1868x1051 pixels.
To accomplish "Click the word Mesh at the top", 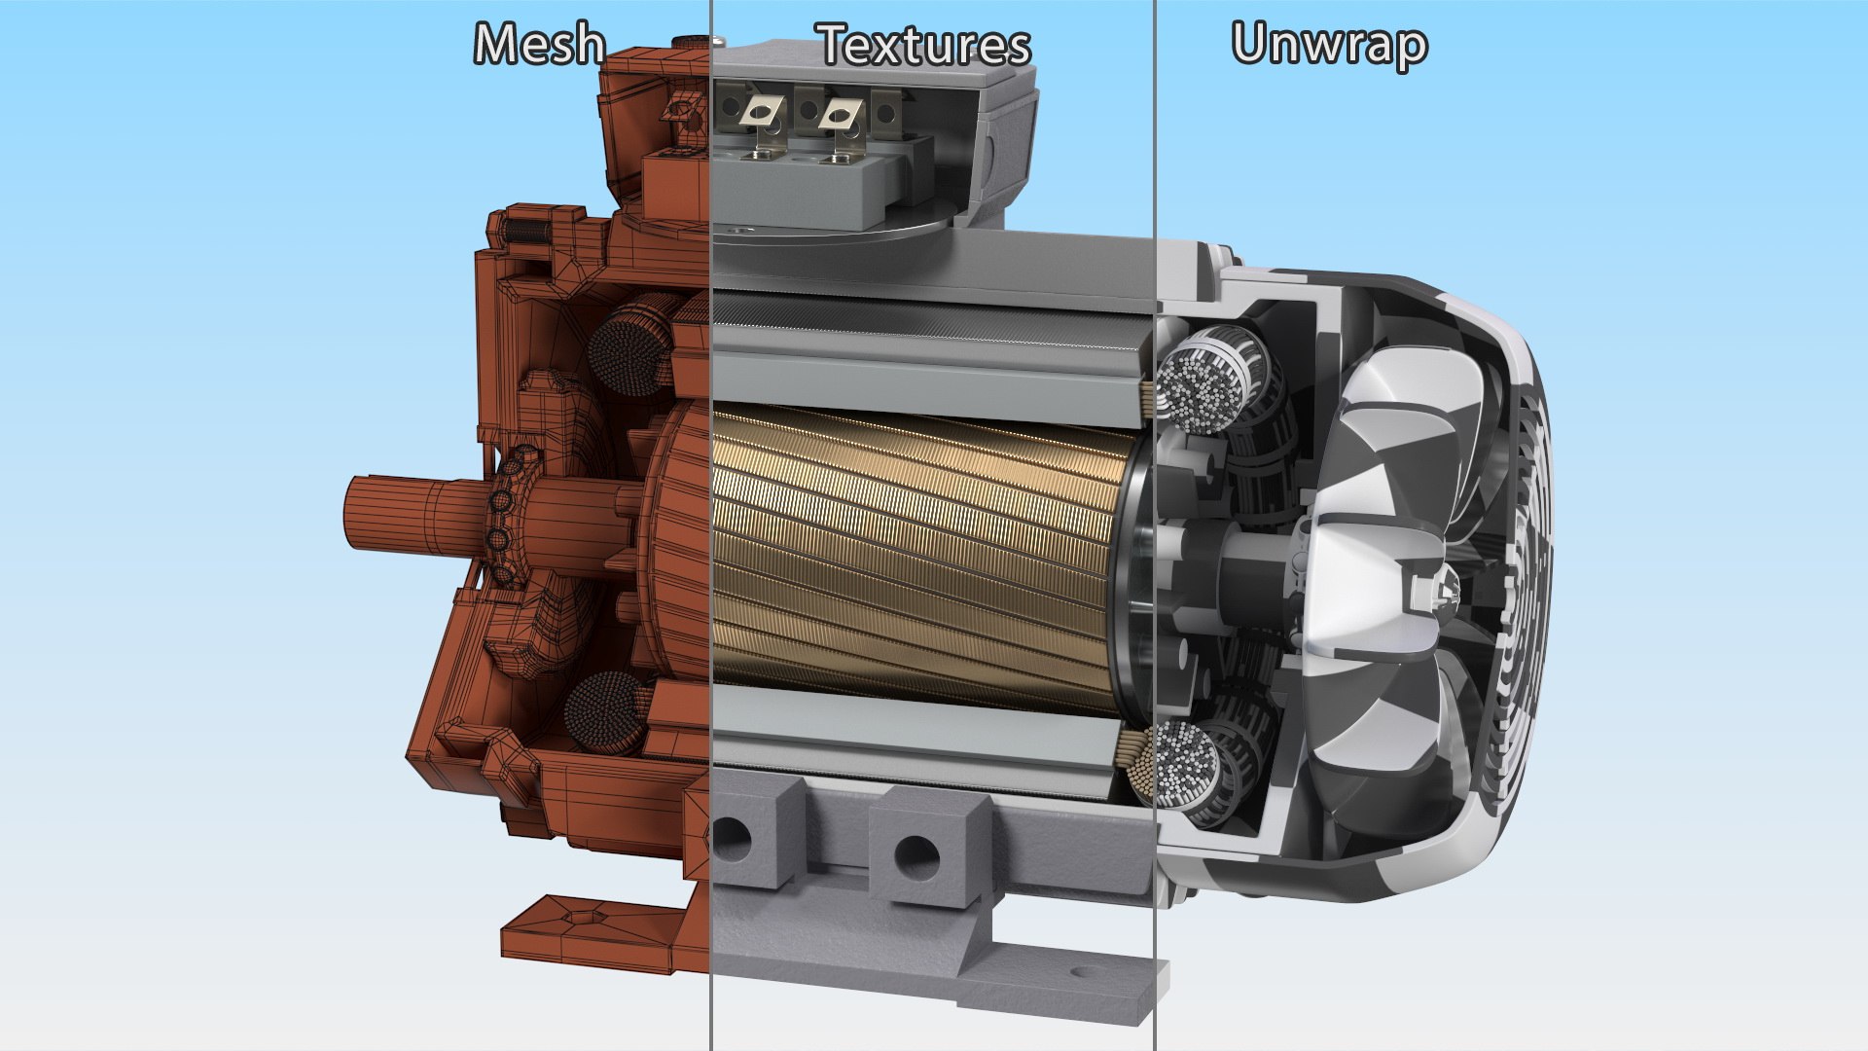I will coord(540,45).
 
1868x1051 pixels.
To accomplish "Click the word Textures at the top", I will coord(924,45).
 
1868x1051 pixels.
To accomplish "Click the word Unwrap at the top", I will coord(1329,45).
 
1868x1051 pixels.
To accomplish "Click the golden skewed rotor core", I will coord(915,555).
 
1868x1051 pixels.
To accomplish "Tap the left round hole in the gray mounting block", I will coord(731,838).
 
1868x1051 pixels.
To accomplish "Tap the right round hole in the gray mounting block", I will coord(916,857).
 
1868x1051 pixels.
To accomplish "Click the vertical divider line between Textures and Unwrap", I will coord(1156,525).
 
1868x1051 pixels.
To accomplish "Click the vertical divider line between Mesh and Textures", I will coord(711,525).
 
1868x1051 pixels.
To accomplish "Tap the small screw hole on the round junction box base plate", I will coord(744,232).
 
